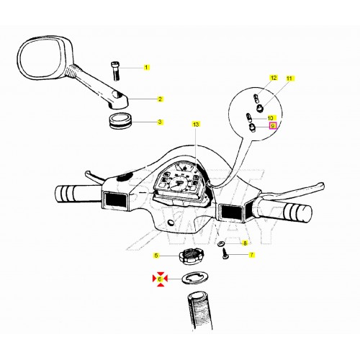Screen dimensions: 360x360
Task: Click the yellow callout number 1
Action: point(146,67)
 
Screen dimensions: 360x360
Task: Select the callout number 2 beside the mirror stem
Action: point(160,99)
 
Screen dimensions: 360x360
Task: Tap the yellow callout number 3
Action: point(160,122)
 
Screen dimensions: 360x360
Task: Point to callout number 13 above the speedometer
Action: point(195,125)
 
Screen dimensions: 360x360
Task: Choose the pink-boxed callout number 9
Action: point(273,125)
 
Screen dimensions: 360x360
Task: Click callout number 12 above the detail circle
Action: point(273,77)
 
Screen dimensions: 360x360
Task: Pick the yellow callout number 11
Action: point(289,77)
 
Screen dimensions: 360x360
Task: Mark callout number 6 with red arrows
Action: point(160,278)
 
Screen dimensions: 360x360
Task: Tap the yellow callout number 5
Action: point(156,255)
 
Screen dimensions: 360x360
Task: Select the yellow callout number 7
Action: point(251,255)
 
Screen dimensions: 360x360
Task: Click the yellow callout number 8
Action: point(245,243)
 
